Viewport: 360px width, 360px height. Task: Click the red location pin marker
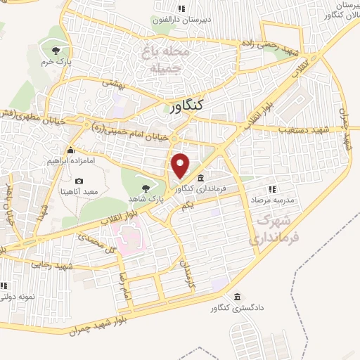[181, 166]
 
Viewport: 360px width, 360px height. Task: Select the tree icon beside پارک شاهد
[146, 188]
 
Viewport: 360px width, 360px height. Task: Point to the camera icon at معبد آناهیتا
[79, 181]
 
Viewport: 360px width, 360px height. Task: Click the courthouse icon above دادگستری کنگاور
[237, 296]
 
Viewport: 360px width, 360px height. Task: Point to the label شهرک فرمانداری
[269, 230]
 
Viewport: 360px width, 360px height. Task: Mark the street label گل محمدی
[99, 245]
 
